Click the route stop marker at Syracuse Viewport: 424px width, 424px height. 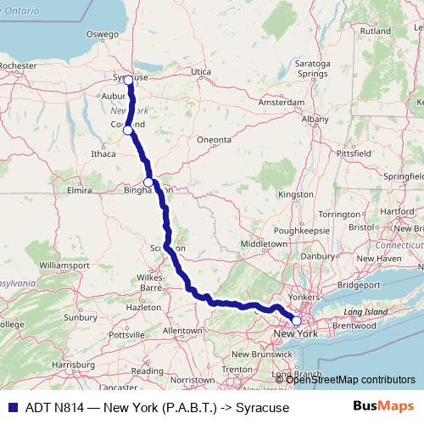coord(128,80)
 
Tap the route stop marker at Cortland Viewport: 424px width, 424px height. coord(127,130)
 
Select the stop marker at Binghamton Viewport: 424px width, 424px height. coord(148,182)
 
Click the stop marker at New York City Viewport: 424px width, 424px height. coord(296,321)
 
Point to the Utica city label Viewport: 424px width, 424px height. coord(200,72)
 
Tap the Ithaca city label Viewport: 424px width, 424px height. coord(103,154)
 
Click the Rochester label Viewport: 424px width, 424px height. coord(19,65)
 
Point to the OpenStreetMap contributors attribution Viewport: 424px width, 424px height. coord(350,379)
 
